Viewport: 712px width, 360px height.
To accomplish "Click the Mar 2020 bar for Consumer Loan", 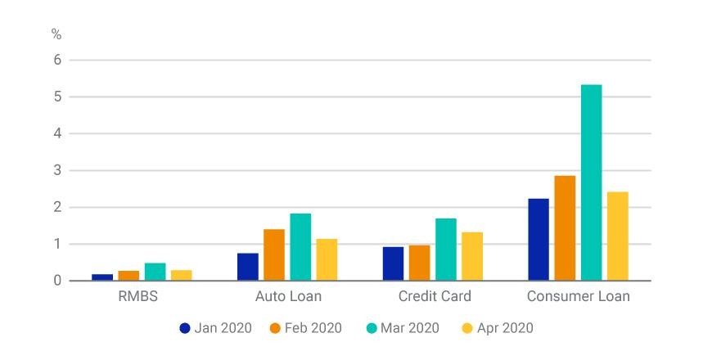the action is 591,182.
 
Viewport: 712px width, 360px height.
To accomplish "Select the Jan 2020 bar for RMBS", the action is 102,277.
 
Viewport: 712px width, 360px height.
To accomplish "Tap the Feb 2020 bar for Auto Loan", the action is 274,254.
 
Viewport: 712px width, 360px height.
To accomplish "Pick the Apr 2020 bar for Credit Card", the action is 472,256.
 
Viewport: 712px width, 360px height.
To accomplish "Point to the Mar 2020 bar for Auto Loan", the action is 300,247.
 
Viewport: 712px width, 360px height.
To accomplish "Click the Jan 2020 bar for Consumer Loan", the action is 539,240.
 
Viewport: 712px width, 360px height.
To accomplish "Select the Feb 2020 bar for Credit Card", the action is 420,263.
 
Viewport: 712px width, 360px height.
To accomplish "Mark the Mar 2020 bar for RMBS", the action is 155,272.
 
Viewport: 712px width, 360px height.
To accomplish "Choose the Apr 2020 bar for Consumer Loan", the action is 618,236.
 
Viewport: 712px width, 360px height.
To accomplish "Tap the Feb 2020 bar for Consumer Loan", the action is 565,228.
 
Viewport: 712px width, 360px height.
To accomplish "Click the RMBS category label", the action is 138,296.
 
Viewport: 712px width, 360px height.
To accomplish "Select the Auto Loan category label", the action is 288,296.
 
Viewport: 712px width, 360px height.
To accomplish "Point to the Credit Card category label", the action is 435,296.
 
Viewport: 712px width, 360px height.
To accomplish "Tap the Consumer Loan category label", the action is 579,296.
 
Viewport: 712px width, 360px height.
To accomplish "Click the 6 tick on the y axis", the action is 57,60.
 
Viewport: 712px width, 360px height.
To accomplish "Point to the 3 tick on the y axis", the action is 57,171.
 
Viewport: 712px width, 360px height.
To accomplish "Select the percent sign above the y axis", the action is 56,34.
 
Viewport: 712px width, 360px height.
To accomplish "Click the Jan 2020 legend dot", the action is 185,328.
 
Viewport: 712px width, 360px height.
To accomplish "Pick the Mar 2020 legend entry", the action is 403,328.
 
